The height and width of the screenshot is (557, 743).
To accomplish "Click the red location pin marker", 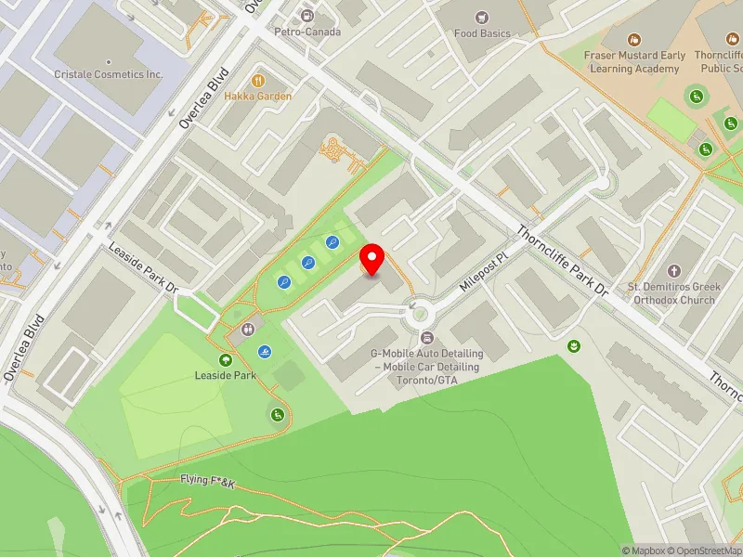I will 372,259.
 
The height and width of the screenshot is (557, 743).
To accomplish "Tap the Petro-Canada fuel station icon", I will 307,16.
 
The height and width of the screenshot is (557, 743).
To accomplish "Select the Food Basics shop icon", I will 481,18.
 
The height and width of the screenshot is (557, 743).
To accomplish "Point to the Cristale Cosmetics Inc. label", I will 109,74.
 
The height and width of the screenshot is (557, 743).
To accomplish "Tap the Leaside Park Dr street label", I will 143,269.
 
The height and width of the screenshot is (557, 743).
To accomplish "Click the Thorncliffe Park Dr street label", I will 562,263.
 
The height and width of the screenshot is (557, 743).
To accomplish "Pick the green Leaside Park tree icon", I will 225,360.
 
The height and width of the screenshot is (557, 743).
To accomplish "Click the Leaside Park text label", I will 225,376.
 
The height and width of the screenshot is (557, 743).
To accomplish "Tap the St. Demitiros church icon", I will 673,270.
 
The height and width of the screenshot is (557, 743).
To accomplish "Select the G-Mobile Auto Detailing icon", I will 427,337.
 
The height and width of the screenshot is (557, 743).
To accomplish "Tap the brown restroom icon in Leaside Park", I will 249,330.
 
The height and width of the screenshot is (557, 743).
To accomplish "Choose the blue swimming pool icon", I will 266,352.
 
